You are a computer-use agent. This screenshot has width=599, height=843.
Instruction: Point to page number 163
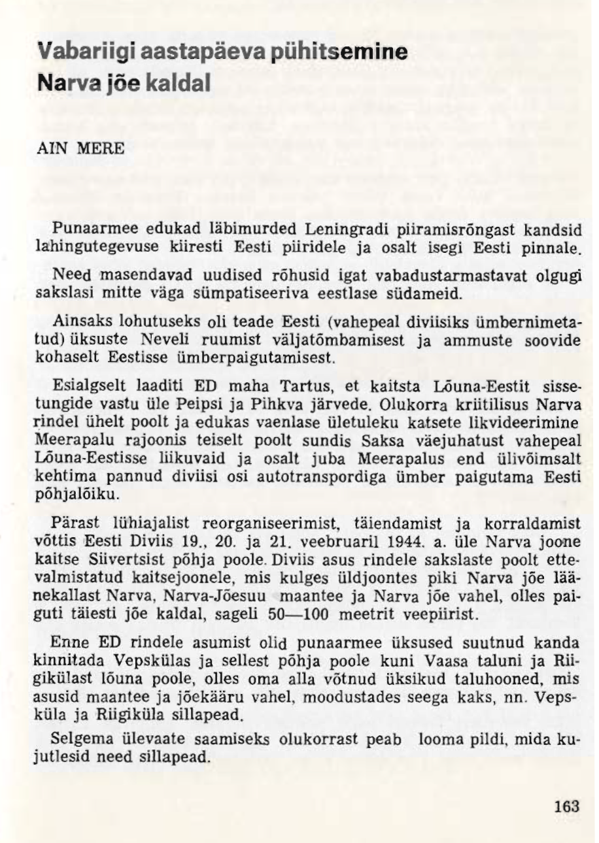coord(566,806)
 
